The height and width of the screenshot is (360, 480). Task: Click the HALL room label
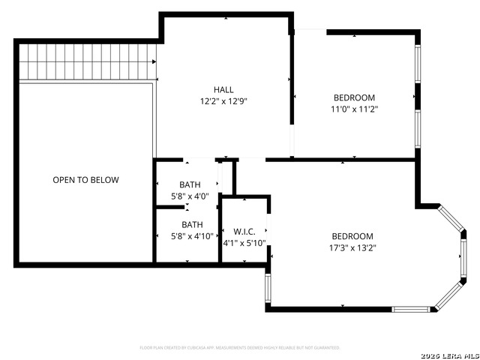[x=223, y=88]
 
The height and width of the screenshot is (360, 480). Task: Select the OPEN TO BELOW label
[x=85, y=180]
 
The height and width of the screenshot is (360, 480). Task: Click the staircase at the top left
[x=87, y=61]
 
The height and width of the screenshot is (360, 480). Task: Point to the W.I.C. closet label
[x=244, y=231]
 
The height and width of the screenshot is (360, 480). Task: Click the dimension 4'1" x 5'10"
[x=244, y=243]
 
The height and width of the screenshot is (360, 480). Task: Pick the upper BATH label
[x=190, y=185]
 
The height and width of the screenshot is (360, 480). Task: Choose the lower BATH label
[x=191, y=224]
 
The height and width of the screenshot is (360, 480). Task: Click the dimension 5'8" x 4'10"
[x=191, y=236]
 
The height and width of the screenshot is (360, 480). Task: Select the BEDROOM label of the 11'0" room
[x=354, y=97]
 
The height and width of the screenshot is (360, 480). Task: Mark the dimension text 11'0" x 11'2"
[x=354, y=109]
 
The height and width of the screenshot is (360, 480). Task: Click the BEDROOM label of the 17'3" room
[x=352, y=235]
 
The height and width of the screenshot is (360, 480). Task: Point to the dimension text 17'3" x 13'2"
[x=352, y=247]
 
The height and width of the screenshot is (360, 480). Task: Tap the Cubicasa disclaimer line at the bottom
[x=240, y=348]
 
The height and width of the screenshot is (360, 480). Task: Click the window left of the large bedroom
[x=267, y=288]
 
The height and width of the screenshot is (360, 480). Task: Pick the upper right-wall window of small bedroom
[x=418, y=65]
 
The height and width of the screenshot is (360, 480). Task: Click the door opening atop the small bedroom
[x=310, y=31]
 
